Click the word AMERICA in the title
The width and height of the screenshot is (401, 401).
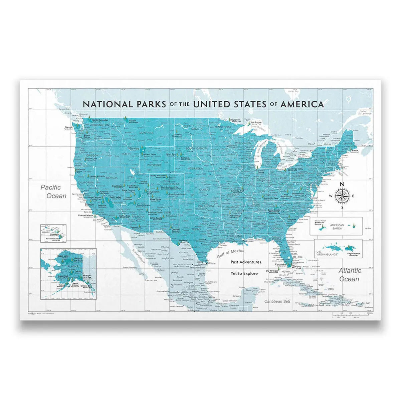302,104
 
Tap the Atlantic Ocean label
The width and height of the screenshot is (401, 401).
349,275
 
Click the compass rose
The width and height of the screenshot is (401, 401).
342,195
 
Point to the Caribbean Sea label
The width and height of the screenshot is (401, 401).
277,301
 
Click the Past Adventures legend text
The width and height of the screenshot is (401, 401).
246,262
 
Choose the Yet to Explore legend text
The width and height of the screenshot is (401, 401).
244,273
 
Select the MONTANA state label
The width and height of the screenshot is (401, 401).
146,133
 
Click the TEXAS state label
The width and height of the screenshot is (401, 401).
196,229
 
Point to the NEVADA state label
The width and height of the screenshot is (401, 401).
111,178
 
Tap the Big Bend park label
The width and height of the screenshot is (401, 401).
183,240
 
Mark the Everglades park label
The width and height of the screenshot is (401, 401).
281,264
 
